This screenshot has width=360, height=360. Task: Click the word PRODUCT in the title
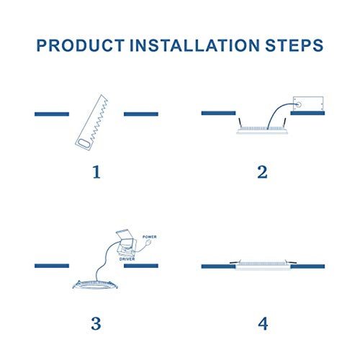pyautogui.click(x=81, y=45)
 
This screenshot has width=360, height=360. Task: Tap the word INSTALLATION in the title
pyautogui.click(x=194, y=45)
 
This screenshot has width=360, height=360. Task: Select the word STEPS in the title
pyautogui.click(x=294, y=45)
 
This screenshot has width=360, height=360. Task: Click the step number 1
pyautogui.click(x=96, y=172)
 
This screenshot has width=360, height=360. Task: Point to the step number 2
pyautogui.click(x=262, y=172)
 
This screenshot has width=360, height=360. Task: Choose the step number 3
pyautogui.click(x=96, y=323)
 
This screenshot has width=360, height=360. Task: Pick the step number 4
pyautogui.click(x=263, y=323)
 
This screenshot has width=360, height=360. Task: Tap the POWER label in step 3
pyautogui.click(x=150, y=237)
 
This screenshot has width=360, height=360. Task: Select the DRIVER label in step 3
pyautogui.click(x=127, y=259)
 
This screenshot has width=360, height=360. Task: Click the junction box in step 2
pyautogui.click(x=308, y=104)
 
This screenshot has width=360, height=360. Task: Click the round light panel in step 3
pyautogui.click(x=95, y=284)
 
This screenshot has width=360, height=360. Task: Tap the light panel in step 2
pyautogui.click(x=262, y=130)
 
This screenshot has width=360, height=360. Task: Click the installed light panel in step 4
pyautogui.click(x=263, y=266)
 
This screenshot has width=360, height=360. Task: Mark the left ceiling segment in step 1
pyautogui.click(x=52, y=114)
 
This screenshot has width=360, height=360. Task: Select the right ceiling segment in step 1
pyautogui.click(x=141, y=114)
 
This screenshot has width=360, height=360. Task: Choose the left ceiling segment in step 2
pyautogui.click(x=218, y=113)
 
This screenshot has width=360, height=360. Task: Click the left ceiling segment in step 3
pyautogui.click(x=52, y=266)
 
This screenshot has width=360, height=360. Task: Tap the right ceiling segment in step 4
pyautogui.click(x=307, y=266)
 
